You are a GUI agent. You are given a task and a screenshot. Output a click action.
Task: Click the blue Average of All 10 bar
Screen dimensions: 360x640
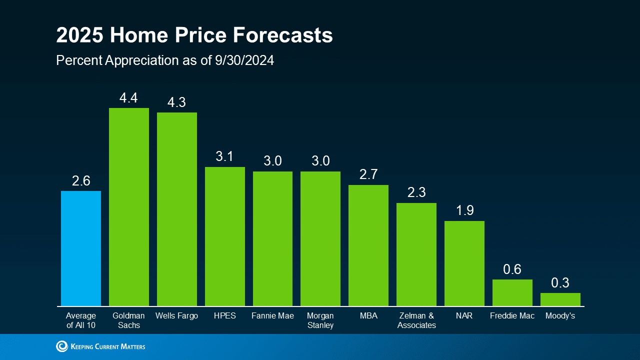[81, 248]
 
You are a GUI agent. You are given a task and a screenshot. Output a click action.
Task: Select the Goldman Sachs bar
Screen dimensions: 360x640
[129, 207]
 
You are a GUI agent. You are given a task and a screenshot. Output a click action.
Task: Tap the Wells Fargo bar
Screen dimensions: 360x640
[177, 209]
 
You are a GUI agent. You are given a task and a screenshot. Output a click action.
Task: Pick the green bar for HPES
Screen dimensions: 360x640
[225, 236]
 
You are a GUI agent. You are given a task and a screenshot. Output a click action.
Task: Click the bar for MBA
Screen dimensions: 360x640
[368, 245]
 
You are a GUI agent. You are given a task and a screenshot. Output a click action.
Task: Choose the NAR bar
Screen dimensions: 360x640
[464, 263]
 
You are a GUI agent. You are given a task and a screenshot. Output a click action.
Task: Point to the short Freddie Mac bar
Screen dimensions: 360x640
[512, 293]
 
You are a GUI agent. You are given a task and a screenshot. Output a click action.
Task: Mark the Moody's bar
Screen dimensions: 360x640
[560, 299]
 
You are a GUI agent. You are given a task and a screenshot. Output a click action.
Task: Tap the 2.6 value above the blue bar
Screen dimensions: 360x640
[81, 181]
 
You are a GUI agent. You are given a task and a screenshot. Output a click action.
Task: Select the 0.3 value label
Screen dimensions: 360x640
[560, 283]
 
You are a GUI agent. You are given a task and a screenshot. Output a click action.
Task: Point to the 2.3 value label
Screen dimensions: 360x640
[416, 193]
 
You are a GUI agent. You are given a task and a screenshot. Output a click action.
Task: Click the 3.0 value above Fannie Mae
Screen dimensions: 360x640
[272, 161]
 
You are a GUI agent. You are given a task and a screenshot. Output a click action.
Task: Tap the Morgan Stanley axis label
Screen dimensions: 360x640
[320, 320]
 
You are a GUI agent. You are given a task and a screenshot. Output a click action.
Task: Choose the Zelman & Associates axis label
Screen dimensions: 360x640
[416, 320]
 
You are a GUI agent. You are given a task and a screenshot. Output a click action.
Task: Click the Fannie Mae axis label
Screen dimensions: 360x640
[272, 316]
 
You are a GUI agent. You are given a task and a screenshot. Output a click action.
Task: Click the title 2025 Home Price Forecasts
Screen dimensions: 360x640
[194, 36]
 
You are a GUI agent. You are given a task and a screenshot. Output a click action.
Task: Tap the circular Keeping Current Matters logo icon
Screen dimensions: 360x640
[62, 346]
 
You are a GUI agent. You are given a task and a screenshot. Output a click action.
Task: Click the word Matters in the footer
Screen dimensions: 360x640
[131, 346]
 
